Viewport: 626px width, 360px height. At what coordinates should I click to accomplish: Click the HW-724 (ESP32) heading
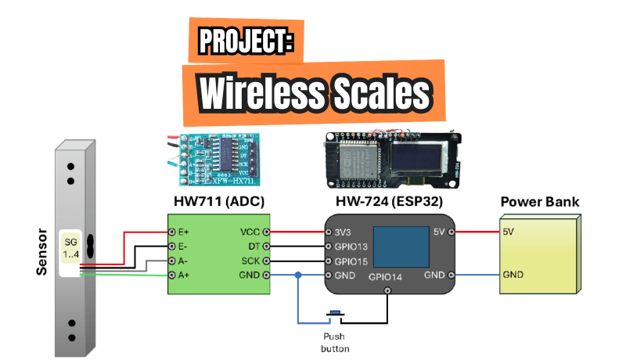tap(387, 202)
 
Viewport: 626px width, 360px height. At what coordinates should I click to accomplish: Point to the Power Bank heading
tap(540, 202)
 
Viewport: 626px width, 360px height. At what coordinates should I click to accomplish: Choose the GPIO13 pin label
tap(352, 247)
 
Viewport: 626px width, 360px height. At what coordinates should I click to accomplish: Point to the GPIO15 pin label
tap(352, 261)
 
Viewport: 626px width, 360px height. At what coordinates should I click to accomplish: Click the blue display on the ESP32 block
tap(401, 246)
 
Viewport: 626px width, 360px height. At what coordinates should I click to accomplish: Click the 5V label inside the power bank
tap(509, 232)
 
